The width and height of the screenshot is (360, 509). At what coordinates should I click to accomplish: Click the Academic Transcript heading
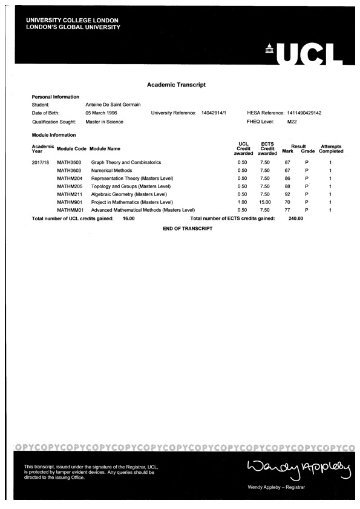176,85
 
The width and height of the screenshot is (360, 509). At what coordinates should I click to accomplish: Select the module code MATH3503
69,163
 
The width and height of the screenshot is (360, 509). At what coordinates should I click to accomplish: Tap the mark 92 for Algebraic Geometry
287,194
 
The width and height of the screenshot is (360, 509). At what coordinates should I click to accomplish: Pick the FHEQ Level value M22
292,122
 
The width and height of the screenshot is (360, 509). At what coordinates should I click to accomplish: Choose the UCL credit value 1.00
242,202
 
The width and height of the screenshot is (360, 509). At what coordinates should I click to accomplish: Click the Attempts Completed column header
331,149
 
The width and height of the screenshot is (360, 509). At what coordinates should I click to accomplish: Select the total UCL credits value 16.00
128,218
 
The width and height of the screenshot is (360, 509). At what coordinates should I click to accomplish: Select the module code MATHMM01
70,210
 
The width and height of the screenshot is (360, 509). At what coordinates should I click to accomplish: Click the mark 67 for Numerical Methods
287,171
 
